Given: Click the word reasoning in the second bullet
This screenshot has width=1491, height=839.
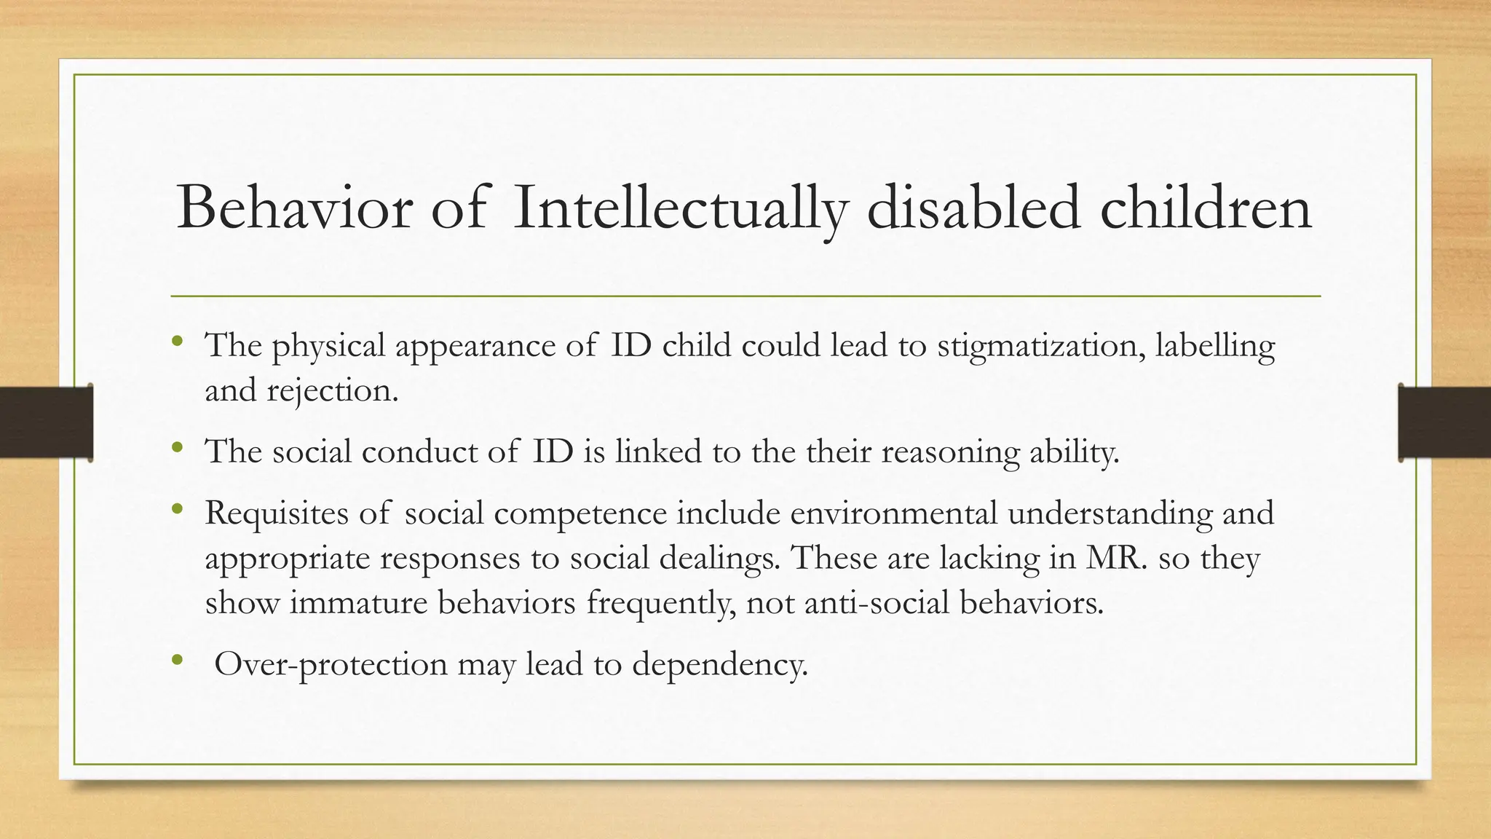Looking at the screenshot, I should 950,452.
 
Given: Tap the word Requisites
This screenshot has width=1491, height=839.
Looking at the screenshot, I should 276,514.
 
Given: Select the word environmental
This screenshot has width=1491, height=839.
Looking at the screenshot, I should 893,513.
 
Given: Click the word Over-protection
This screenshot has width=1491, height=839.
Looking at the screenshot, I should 331,665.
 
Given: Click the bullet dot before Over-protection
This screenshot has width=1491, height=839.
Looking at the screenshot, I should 176,661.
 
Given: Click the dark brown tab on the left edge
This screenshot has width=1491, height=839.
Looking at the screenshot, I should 46,422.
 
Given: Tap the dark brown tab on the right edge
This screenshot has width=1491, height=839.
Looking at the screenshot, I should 1445,422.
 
